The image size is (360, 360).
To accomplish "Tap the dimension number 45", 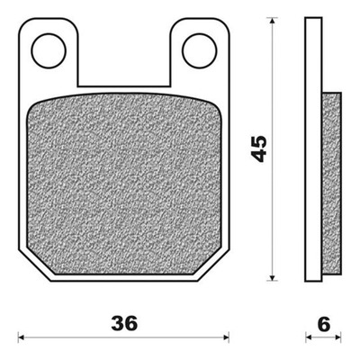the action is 258,148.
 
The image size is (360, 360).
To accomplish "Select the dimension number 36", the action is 124,323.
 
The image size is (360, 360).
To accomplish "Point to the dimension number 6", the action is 324,323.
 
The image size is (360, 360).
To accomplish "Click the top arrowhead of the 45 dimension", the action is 272,21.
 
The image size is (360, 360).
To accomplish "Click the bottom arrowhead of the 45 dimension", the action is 272,278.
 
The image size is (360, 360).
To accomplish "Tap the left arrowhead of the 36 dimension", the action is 21,337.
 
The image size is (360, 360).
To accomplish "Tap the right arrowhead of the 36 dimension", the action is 226,337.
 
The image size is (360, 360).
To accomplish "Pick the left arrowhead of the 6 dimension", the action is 309,337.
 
